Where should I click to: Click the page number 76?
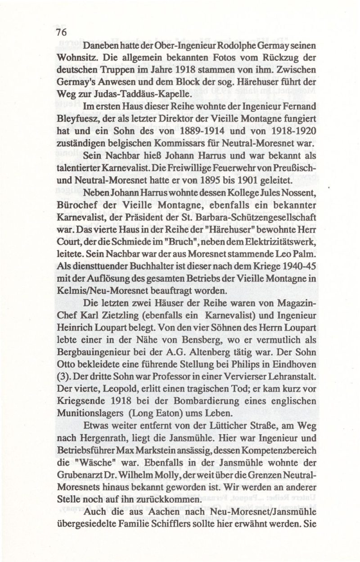click(61, 32)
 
